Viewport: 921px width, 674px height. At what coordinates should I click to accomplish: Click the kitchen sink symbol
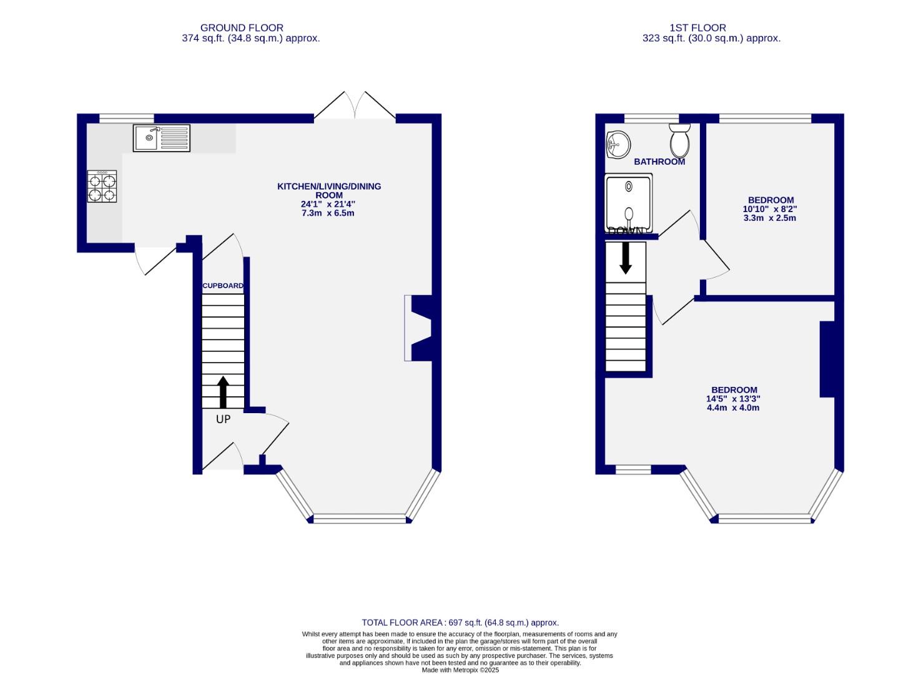pos(161,138)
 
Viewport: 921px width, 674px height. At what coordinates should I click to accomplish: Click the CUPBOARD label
pos(223,286)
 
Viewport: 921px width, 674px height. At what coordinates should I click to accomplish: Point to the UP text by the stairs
pos(223,419)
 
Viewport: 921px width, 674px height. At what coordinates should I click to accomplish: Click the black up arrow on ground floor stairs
pos(222,391)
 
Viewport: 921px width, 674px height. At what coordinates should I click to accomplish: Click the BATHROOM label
pos(659,162)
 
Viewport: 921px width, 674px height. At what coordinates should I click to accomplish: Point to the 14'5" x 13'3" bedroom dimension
pos(733,399)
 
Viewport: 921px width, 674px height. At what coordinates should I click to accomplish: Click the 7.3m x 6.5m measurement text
pos(328,213)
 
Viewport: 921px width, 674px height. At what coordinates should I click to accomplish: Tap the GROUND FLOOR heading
pos(242,27)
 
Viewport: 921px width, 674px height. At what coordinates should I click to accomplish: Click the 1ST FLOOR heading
pos(697,27)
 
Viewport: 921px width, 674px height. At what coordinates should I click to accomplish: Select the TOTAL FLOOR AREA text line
pos(460,622)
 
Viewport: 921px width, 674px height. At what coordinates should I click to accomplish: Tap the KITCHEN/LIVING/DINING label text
pos(329,190)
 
